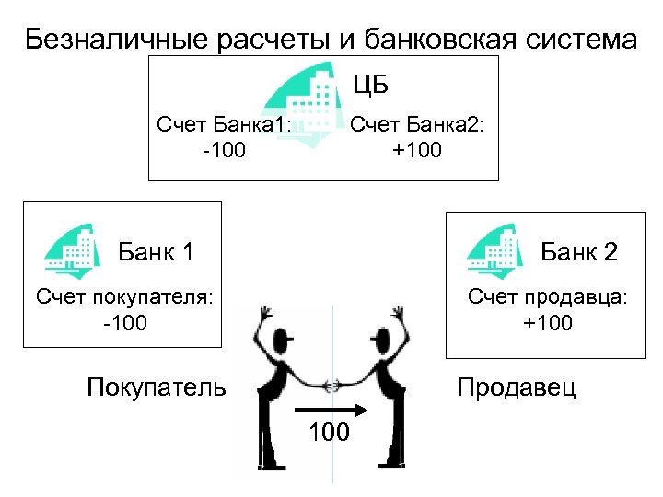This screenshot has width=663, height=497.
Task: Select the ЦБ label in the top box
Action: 371,86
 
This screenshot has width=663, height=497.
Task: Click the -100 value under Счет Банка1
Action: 224,149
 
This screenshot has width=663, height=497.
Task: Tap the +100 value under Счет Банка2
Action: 417,149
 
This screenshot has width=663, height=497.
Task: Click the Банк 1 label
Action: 156,251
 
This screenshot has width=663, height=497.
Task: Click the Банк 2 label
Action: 578,251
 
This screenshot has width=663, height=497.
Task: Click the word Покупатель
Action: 156,387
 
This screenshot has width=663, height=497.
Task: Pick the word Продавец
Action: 517,387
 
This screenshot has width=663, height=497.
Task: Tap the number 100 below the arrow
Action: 329,432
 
